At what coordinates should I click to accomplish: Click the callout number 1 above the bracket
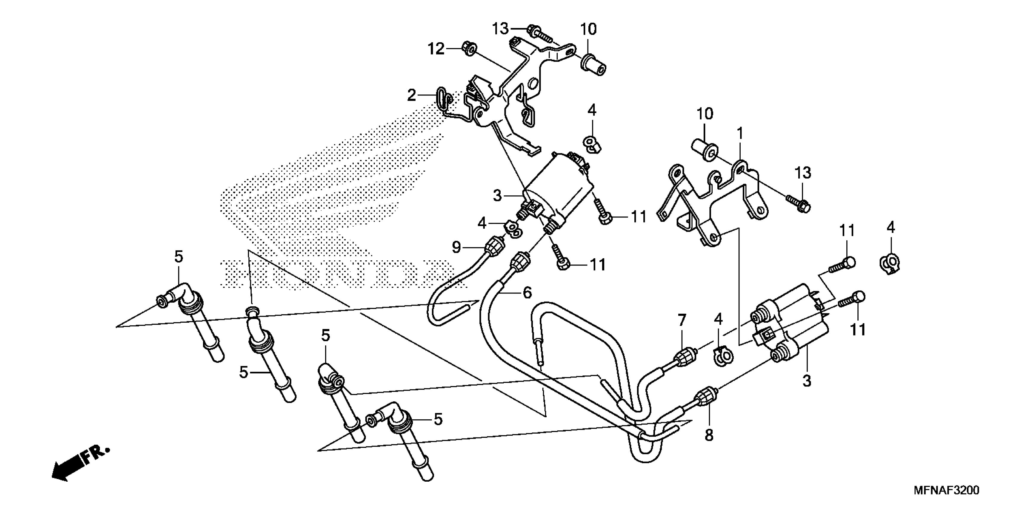(x=740, y=134)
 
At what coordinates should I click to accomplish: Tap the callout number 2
(x=411, y=95)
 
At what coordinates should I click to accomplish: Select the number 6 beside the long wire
(x=527, y=293)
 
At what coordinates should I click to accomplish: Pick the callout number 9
(x=456, y=247)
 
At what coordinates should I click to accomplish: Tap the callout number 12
(x=436, y=49)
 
